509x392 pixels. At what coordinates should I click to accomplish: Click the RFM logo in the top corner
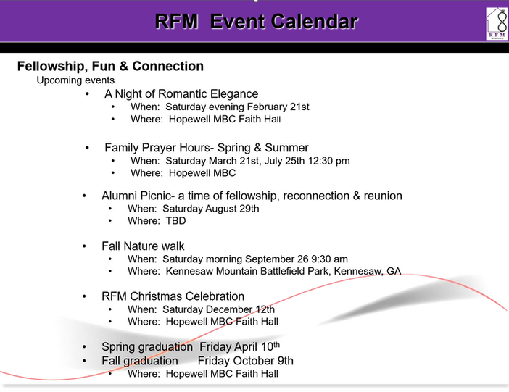point(497,23)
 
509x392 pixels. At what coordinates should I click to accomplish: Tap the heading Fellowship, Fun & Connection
point(110,67)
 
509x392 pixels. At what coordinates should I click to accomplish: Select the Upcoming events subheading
point(75,80)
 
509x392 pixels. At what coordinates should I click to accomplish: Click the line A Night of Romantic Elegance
point(181,94)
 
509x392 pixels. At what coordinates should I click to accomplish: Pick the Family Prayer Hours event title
point(207,148)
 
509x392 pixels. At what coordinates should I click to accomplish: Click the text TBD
point(175,221)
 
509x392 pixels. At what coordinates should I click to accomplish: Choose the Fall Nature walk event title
point(143,246)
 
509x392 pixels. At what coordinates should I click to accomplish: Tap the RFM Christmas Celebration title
point(173,296)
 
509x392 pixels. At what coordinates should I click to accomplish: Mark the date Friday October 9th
point(245,361)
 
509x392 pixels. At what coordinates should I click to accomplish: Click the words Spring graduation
point(147,347)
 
